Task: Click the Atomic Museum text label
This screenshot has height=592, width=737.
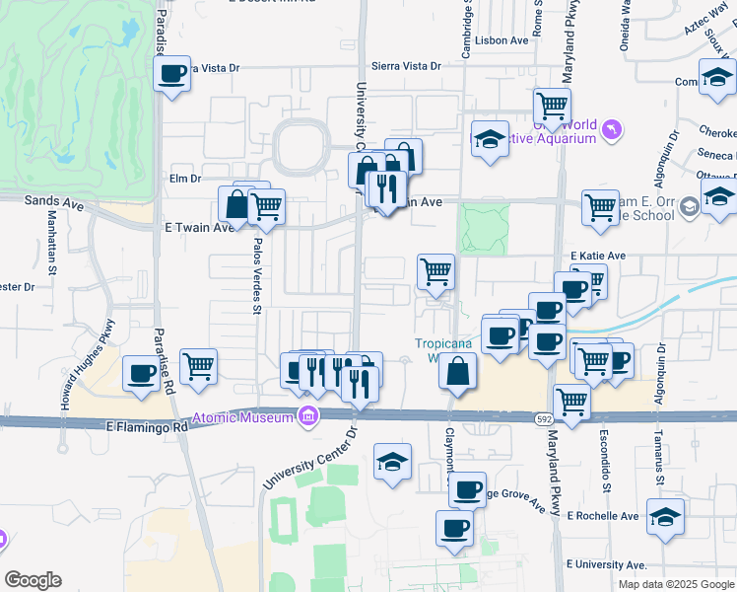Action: click(242, 416)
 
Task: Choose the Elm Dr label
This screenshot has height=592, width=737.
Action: click(184, 179)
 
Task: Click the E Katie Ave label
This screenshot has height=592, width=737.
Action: click(598, 256)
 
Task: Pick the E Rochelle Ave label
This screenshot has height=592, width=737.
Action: click(603, 516)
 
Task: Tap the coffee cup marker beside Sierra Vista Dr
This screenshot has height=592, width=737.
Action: click(172, 73)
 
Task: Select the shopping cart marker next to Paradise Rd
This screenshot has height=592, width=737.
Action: click(198, 366)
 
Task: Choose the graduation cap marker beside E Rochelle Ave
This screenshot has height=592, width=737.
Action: click(665, 516)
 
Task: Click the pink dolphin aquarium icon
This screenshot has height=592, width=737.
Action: click(613, 129)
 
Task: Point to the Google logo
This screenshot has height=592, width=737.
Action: click(33, 580)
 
